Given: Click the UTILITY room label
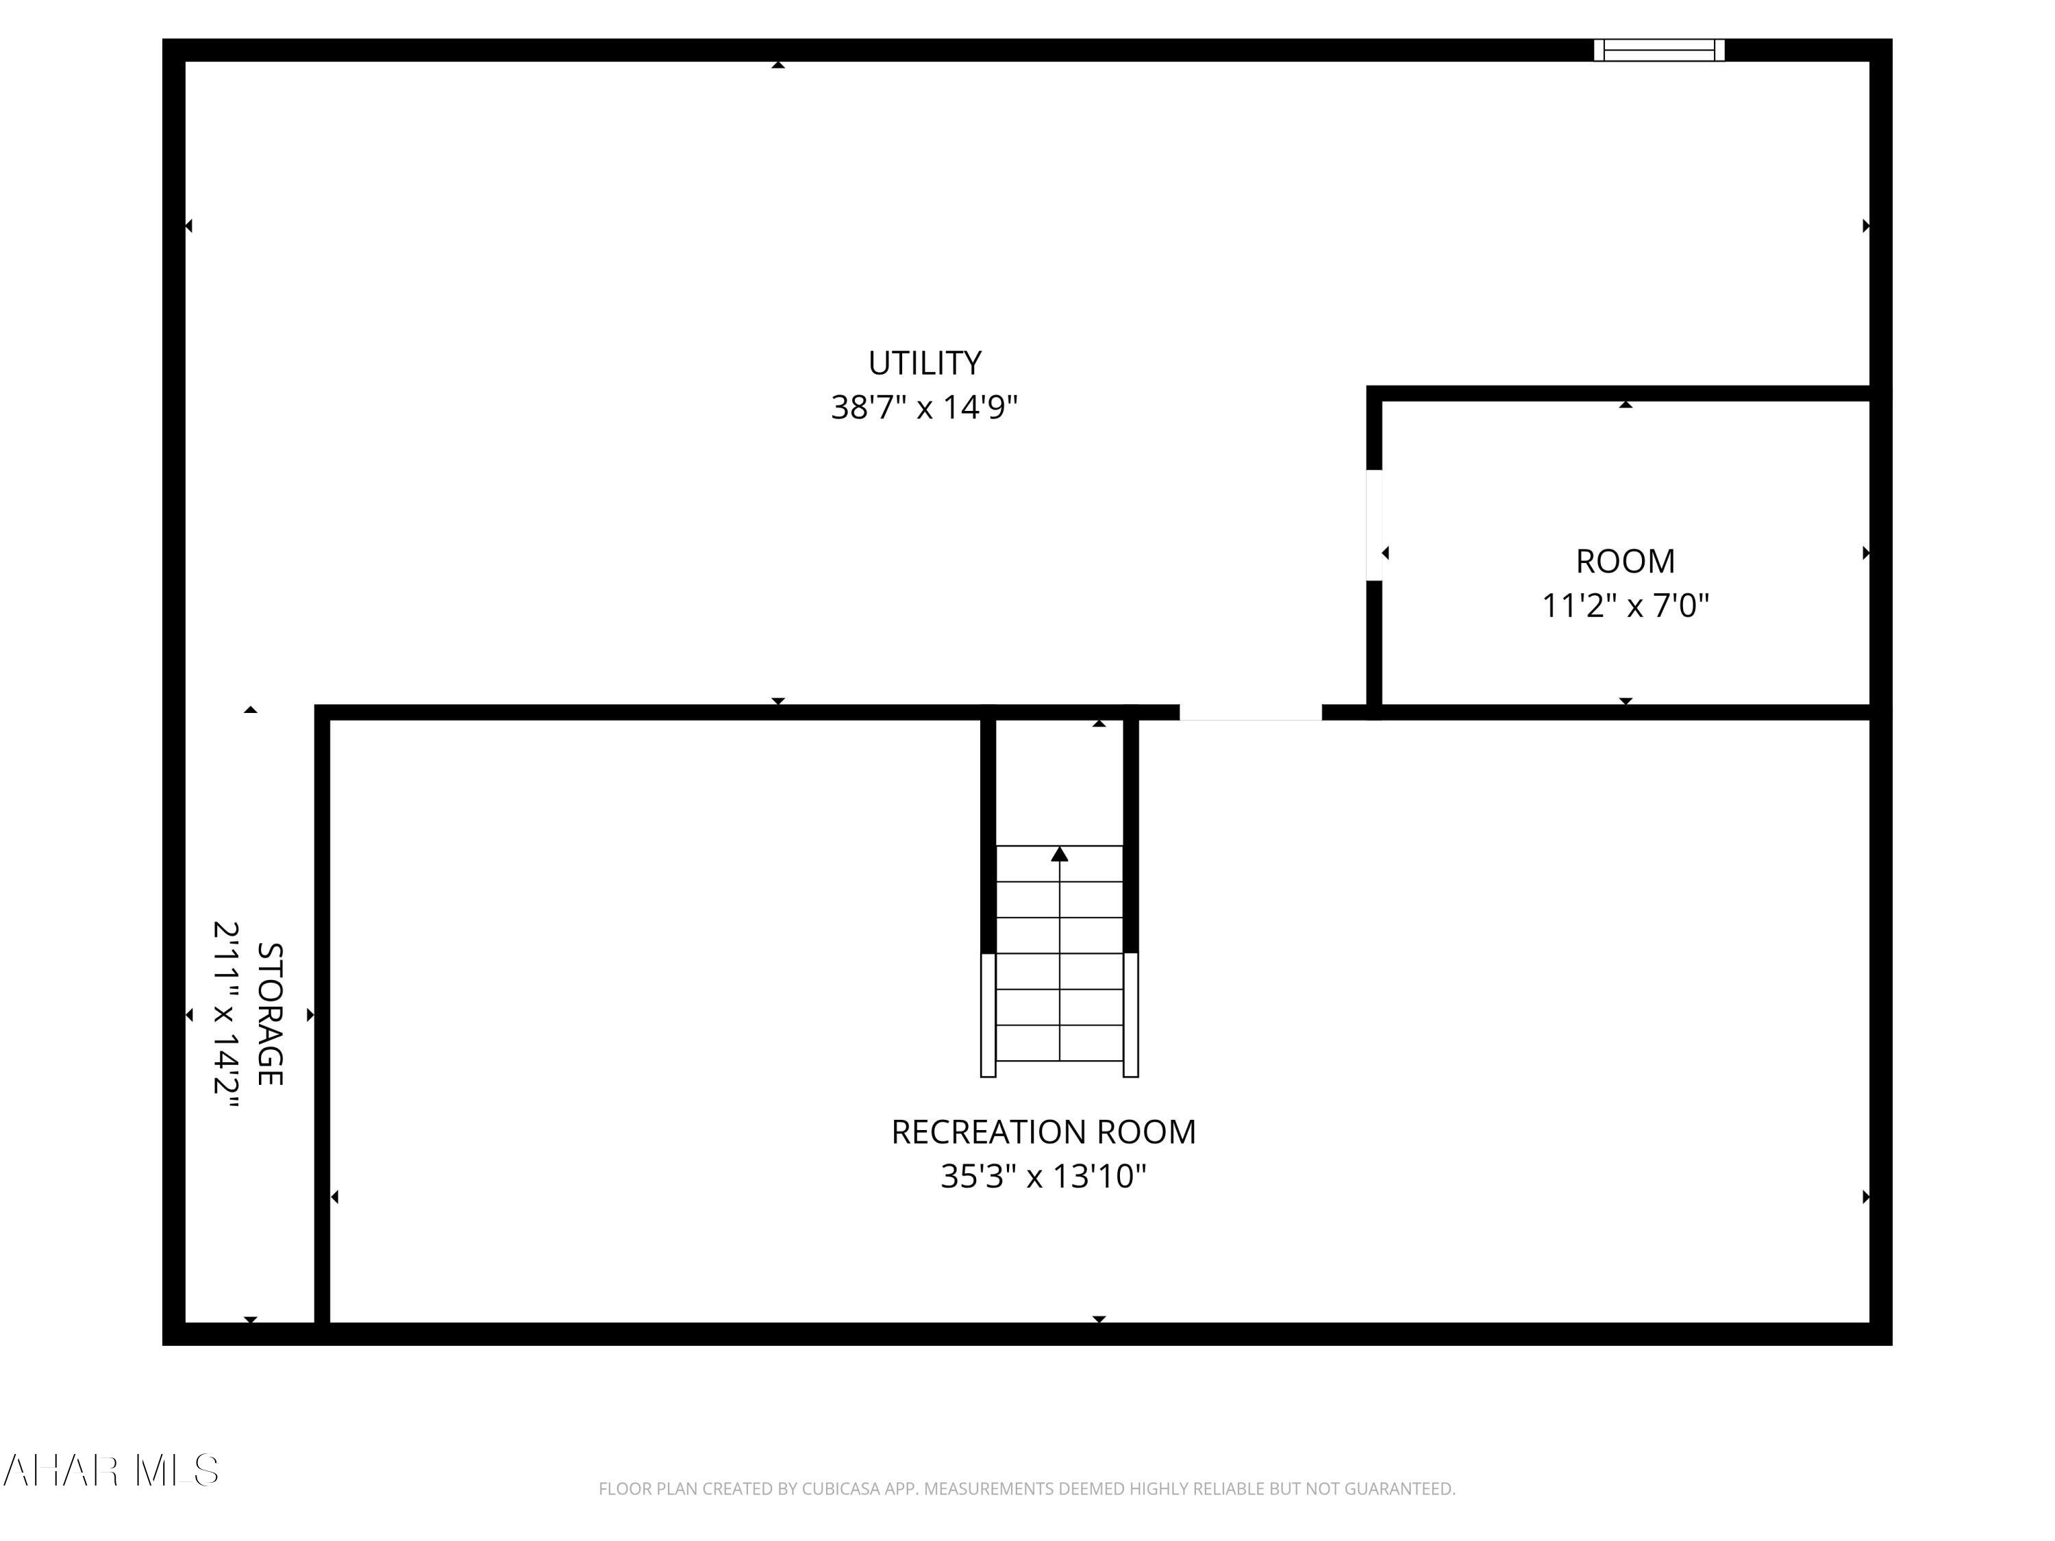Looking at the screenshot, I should click(x=924, y=363).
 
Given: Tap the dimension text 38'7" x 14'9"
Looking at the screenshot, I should click(x=924, y=408).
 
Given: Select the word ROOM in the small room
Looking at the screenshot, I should click(x=1625, y=561).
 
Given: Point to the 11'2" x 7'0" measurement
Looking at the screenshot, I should click(x=1625, y=605).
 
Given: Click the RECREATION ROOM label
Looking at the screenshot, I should click(x=1043, y=1132).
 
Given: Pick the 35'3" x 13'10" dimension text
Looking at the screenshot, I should click(x=1043, y=1177).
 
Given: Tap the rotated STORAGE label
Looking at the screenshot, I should click(x=269, y=1014).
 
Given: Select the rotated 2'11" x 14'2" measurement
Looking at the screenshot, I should click(x=227, y=1014).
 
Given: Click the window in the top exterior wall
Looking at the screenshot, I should click(x=1659, y=50).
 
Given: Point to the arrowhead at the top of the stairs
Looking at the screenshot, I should click(x=1059, y=853).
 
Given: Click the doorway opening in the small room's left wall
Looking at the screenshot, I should click(x=1374, y=526).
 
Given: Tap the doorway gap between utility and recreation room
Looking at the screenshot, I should click(x=1250, y=712).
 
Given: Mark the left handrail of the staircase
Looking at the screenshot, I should click(x=988, y=1014).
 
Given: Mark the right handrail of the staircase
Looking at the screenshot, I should click(x=1131, y=1014).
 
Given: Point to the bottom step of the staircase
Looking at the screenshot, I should click(x=1059, y=1043).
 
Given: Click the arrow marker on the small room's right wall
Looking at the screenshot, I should click(x=1865, y=553).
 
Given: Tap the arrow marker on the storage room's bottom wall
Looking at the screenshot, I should click(x=250, y=1319).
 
